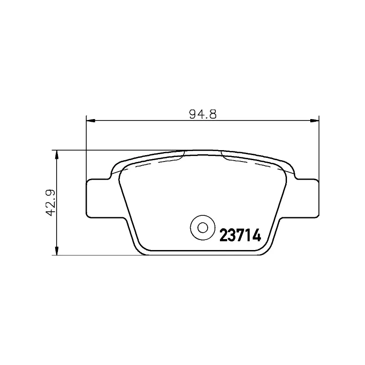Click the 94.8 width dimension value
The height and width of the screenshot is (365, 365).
tap(203, 115)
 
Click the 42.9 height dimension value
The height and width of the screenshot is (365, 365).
tap(51, 203)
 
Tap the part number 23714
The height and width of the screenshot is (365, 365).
tap(240, 235)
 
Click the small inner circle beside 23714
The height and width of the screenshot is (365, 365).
tap(203, 227)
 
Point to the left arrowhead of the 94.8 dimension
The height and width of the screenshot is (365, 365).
tap(91, 120)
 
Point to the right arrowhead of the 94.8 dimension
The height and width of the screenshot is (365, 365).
tap(314, 120)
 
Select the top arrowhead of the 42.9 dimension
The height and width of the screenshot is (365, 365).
tap(56, 155)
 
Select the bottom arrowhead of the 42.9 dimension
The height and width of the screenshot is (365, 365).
tap(56, 250)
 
